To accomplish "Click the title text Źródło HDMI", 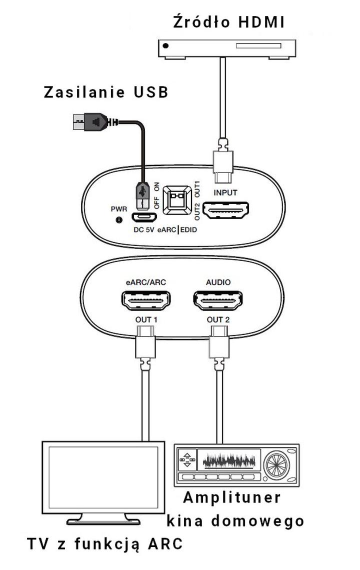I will tap(229, 22).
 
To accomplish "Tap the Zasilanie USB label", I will tap(105, 92).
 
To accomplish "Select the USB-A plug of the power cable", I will tap(89, 121).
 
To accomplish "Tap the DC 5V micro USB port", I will tap(144, 217).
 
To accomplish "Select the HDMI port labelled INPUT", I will tap(227, 211).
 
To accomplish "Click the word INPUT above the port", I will tap(225, 192).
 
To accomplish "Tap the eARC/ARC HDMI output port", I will tap(146, 300).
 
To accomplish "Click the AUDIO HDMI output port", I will tap(218, 300).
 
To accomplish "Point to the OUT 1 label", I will tap(146, 319).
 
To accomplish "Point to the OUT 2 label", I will tap(218, 319).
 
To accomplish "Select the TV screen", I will tap(103, 477).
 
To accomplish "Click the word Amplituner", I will tap(231, 498).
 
